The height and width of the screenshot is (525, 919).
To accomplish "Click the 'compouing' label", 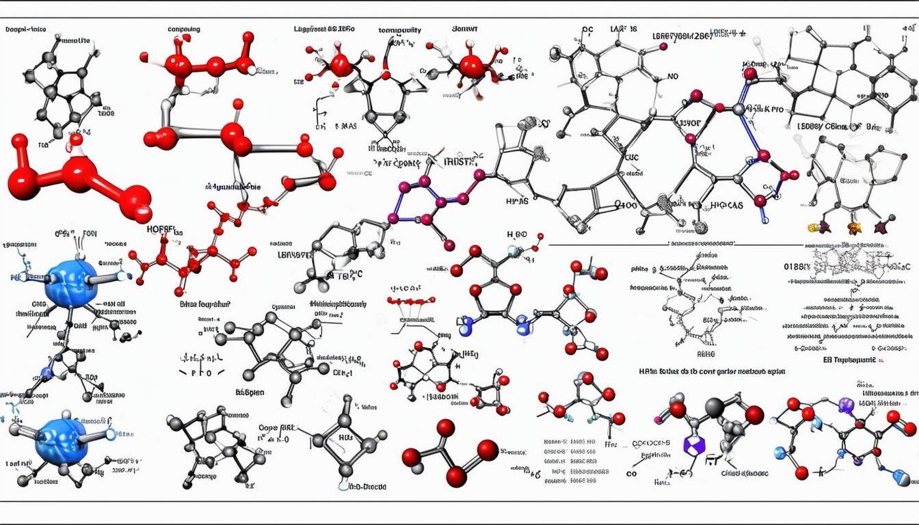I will click(x=184, y=29).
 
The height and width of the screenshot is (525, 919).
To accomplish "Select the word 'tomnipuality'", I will click(x=400, y=30).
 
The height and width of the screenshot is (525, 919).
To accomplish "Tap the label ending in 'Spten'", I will click(x=250, y=393).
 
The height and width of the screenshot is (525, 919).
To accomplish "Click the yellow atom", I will click(x=813, y=226).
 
